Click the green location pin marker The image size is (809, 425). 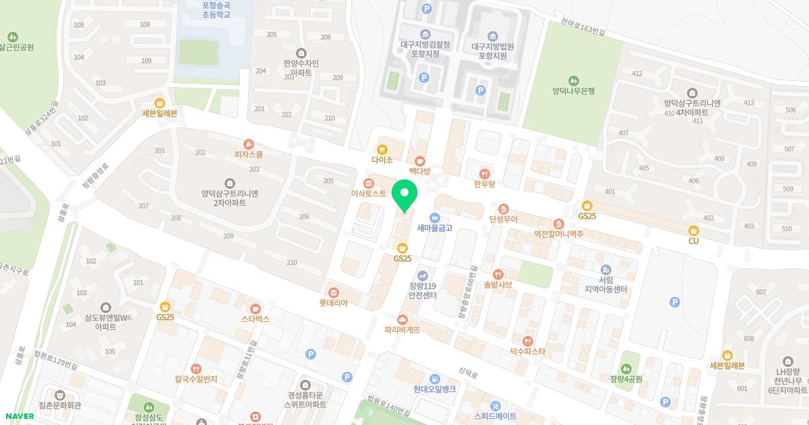pos(404,195)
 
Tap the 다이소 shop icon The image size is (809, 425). pos(382,149)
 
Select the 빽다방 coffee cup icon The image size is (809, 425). pos(421,161)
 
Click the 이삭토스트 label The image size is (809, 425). pos(369,194)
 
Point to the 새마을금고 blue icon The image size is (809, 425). pos(434,217)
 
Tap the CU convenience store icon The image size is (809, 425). pos(693,230)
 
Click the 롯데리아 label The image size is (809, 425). pos(333,303)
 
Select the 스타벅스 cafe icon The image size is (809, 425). pos(255,308)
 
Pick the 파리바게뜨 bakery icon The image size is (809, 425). pos(402,319)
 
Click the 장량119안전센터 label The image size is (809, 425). pos(423,291)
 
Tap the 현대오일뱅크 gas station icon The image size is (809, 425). pos(435,378)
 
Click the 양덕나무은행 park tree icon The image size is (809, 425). pos(573,80)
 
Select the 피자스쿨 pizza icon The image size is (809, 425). pos(249,144)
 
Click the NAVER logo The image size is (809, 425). pos(19,416)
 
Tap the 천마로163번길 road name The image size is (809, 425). pos(583,27)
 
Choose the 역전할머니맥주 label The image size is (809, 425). pos(558,233)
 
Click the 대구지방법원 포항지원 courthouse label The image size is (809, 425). pos(492,51)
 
